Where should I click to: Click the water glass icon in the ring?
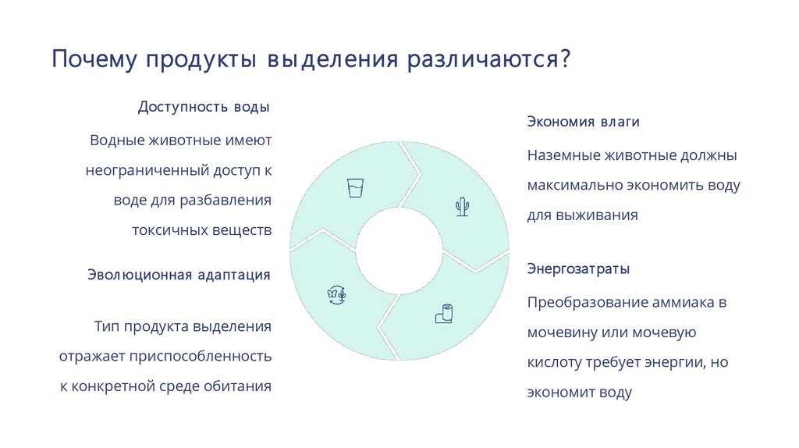(356, 188)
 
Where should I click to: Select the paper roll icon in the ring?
(443, 313)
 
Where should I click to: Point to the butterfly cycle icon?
(336, 295)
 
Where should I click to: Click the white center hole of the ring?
(399, 252)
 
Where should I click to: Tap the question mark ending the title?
(564, 60)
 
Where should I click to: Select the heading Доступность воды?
(204, 107)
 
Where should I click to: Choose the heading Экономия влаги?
(584, 123)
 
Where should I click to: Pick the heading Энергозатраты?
(578, 269)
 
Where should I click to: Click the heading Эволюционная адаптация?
(179, 275)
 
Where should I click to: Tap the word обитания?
(238, 386)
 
